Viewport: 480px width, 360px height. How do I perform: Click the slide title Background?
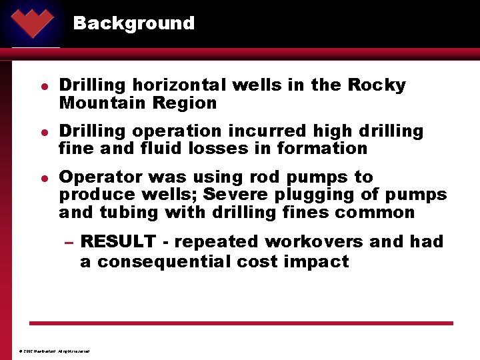[133, 23]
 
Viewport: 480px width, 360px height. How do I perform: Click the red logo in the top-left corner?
[32, 21]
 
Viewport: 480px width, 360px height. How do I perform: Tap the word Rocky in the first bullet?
[377, 85]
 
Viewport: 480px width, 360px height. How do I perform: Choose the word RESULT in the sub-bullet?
[117, 242]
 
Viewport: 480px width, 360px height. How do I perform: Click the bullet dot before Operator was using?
[42, 178]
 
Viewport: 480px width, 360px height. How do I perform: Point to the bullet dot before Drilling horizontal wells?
[42, 86]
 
